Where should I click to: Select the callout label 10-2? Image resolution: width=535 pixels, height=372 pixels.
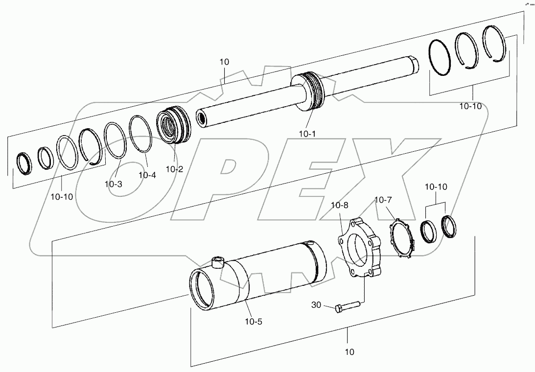coord(174,169)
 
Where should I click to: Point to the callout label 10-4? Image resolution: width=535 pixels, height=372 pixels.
coord(147,174)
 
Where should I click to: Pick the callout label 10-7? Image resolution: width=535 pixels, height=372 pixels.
coord(383,200)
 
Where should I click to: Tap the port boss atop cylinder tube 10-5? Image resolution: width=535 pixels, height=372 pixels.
coord(216,262)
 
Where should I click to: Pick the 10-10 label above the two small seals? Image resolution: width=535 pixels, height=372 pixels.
coord(435,187)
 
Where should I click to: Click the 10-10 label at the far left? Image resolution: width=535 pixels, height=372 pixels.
coord(62,197)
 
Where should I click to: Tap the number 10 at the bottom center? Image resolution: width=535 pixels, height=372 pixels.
coord(349,351)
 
